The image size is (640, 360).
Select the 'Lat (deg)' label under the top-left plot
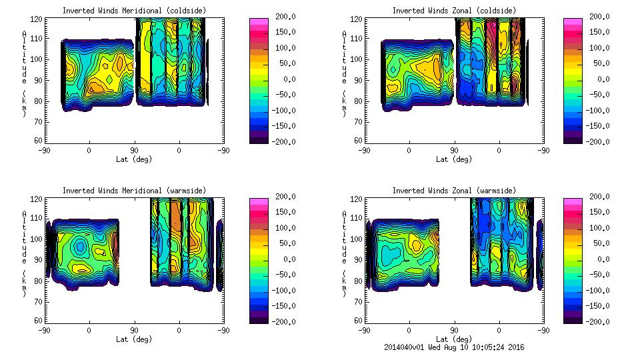pos(133,159)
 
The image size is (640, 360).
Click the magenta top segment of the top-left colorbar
pos(259,21)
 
